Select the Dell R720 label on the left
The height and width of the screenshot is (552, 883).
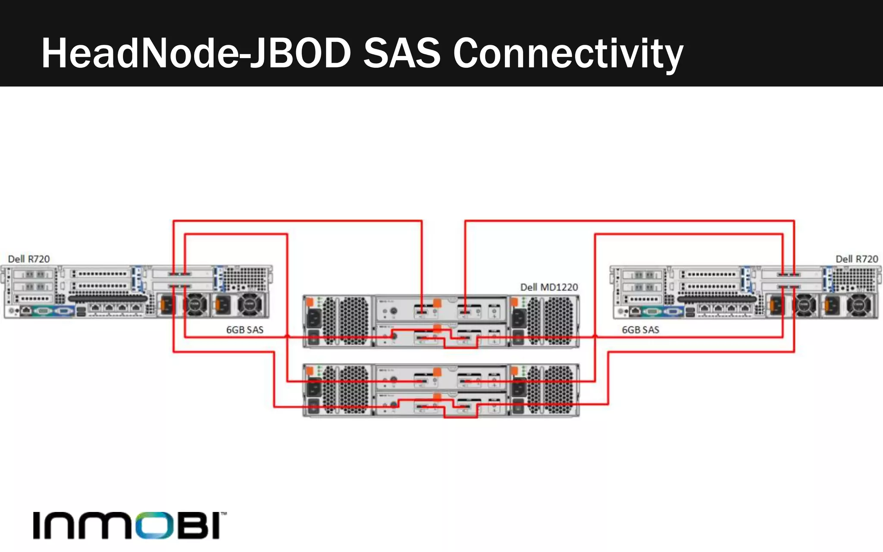[29, 259]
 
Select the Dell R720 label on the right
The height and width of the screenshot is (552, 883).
[856, 259]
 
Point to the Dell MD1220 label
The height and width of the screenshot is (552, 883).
[549, 287]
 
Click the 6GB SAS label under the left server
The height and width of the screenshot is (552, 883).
[244, 330]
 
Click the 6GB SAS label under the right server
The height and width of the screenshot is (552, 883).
[640, 330]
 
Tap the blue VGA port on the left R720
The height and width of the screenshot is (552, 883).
[63, 310]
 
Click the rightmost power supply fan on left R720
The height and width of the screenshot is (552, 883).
[250, 304]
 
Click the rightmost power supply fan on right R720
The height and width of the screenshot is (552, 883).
[858, 305]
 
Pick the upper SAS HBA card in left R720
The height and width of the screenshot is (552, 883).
[180, 274]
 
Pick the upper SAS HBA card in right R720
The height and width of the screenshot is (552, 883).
[789, 274]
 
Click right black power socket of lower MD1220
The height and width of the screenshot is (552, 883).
[519, 388]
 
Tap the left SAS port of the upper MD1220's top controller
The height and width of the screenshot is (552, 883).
[421, 310]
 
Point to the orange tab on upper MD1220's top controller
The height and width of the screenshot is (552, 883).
[437, 303]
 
